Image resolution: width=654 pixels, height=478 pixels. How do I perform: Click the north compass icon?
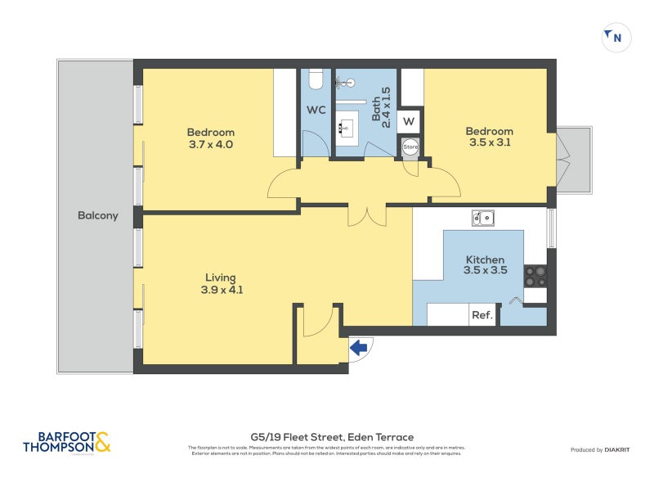[x=616, y=37]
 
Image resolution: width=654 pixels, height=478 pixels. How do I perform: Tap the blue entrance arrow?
[x=358, y=348]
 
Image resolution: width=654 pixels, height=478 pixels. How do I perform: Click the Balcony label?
[x=98, y=216]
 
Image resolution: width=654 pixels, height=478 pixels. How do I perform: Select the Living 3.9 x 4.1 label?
[x=222, y=283]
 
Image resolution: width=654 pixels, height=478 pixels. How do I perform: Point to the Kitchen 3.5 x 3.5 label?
[x=485, y=264]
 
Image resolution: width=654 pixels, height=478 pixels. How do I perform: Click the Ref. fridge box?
[x=482, y=315]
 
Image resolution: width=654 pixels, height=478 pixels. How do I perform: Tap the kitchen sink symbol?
[x=482, y=218]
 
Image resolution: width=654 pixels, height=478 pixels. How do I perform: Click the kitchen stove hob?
[x=535, y=277]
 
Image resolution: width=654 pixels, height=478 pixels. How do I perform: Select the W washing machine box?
[x=410, y=122]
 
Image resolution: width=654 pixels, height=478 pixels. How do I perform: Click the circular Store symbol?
[x=410, y=147]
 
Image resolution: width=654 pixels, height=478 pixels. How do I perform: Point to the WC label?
[x=316, y=110]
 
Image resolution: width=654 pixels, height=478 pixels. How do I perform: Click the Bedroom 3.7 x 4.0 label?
[x=210, y=138]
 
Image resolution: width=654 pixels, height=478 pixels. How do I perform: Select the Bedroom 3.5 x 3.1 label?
[x=489, y=137]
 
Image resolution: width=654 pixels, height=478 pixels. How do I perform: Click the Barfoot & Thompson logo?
[x=66, y=443]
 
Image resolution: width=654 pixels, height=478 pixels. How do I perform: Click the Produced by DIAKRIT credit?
[x=598, y=450]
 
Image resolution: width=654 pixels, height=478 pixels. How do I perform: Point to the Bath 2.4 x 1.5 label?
[x=381, y=105]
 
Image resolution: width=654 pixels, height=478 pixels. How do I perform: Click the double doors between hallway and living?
[x=366, y=214]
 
